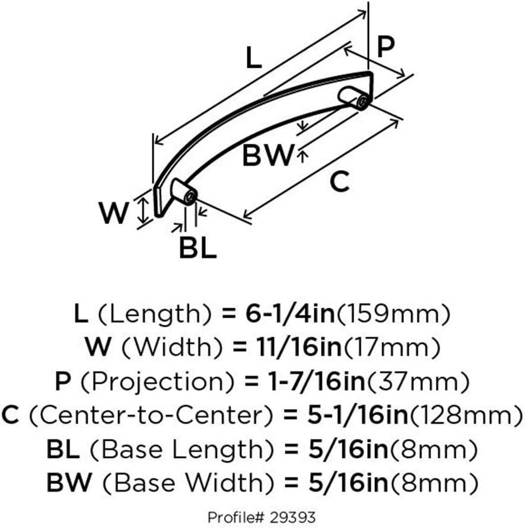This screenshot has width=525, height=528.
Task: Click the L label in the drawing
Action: tap(253, 58)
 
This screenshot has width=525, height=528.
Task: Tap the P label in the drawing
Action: tap(386, 46)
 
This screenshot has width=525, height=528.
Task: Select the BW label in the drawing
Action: tap(268, 155)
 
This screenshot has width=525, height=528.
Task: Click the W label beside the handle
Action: tap(113, 213)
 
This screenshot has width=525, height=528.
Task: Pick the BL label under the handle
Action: tap(198, 248)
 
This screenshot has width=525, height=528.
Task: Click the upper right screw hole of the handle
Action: tap(363, 102)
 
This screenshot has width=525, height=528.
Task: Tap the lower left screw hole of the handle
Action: tap(190, 197)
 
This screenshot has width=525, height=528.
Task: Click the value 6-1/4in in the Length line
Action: tap(290, 314)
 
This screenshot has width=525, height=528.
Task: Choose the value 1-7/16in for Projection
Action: tap(317, 381)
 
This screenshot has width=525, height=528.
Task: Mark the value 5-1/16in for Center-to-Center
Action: tap(358, 415)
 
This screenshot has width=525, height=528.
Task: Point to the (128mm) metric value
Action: tap(466, 416)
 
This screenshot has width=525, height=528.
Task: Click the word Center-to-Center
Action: tap(151, 416)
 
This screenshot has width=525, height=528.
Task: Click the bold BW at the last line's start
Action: tap(69, 482)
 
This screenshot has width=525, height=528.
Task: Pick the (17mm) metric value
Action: tap(392, 347)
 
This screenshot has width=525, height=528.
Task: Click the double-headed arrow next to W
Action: tap(144, 210)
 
